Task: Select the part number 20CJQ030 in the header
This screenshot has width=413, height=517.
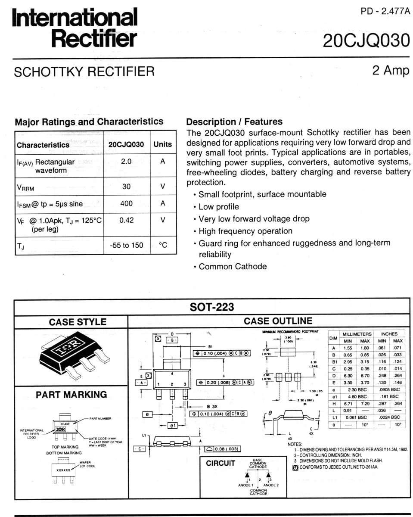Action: (x=366, y=41)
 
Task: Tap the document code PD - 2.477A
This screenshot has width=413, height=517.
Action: (x=385, y=11)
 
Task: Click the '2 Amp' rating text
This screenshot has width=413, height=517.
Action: (x=391, y=71)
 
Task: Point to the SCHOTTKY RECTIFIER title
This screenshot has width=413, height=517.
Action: (x=84, y=72)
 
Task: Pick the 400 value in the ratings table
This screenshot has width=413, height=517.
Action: (x=126, y=203)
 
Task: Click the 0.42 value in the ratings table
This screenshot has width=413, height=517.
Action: (x=126, y=220)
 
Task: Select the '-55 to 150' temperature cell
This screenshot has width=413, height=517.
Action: (x=126, y=245)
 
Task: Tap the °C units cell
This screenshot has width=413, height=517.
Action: (x=163, y=245)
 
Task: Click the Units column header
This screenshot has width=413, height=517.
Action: (x=163, y=145)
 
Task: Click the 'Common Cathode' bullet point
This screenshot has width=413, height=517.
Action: (x=233, y=266)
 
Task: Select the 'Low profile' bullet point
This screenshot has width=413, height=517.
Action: (x=219, y=207)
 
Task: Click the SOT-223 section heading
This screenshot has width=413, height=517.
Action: (x=212, y=307)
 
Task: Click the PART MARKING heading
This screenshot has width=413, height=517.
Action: (x=71, y=394)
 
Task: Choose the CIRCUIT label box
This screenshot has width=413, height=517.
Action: (x=220, y=464)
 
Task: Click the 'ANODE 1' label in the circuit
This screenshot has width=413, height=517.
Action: (x=246, y=485)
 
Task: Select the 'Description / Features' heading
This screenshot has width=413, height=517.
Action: (x=234, y=121)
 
